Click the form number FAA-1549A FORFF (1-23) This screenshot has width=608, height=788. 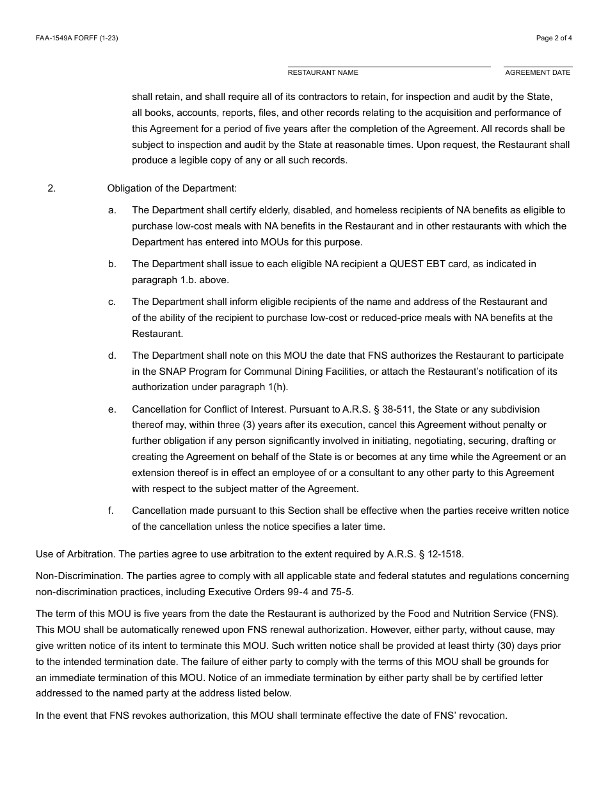pyautogui.click(x=77, y=38)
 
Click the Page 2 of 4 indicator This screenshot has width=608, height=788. pyautogui.click(x=554, y=38)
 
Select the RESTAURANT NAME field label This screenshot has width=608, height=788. pyautogui.click(x=323, y=73)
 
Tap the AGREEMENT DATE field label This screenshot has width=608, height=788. pyautogui.click(x=538, y=73)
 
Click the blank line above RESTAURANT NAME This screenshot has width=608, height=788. pyautogui.click(x=388, y=66)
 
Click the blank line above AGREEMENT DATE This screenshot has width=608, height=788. pyautogui.click(x=538, y=66)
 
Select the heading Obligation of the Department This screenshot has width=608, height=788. pyautogui.click(x=172, y=188)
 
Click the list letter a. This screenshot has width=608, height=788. pyautogui.click(x=111, y=210)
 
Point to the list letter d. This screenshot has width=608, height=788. pyautogui.click(x=111, y=356)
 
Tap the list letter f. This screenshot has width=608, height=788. pyautogui.click(x=111, y=511)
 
